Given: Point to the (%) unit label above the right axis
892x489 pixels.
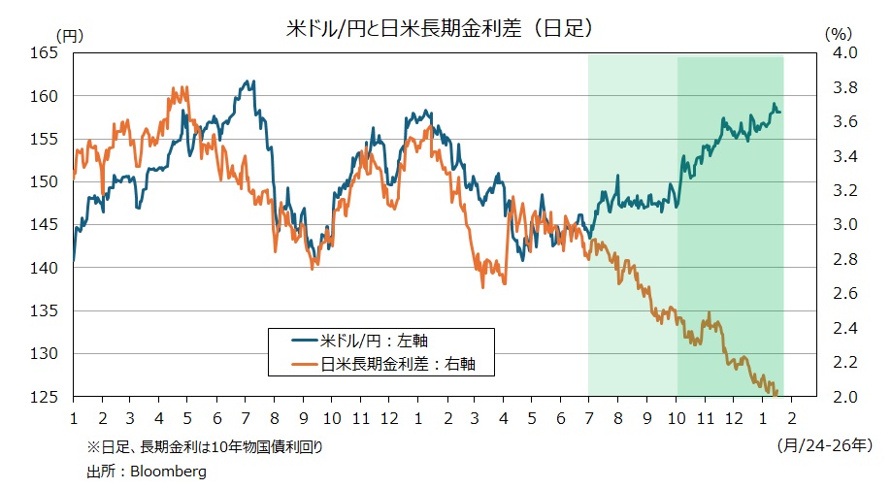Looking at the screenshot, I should [838, 33].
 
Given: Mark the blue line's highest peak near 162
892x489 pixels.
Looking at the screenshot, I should [250, 81].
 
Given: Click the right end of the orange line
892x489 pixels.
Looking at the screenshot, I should [777, 392].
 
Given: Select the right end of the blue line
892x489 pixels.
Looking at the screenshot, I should [780, 113].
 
